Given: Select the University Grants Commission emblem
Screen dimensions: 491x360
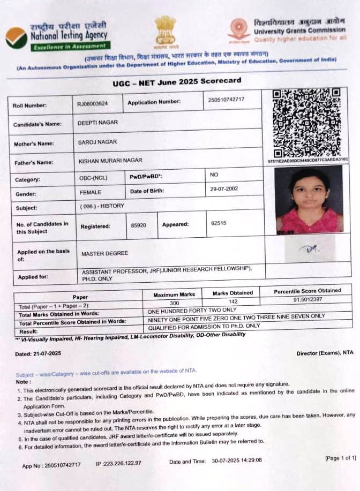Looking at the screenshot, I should [238, 30].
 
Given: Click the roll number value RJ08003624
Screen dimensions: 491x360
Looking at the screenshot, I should [93, 103].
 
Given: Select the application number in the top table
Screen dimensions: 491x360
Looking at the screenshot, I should [226, 100].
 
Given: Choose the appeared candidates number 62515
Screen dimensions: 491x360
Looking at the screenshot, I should [219, 223].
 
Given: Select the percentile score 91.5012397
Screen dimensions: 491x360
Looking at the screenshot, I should [307, 299].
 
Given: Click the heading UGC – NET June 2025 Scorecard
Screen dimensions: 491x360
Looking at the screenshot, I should [177, 81].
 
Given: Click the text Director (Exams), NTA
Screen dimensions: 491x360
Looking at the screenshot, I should [325, 353].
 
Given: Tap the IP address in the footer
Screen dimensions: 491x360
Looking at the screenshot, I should [118, 463].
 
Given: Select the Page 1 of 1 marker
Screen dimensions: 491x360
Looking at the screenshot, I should [340, 458].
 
